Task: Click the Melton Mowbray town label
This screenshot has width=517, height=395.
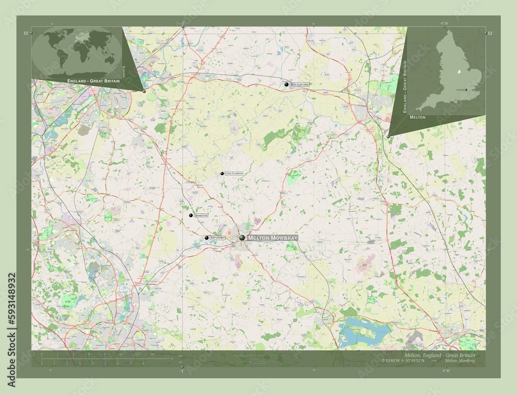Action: pos(272,238)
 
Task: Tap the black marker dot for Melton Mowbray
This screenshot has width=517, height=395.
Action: pos(242,238)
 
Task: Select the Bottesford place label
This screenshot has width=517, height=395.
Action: pos(300,84)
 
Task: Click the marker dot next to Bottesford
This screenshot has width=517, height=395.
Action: pos(286,84)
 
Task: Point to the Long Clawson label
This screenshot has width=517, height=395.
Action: pos(234,173)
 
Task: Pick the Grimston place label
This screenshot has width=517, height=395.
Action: pos(201,215)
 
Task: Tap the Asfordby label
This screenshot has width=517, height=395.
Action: pos(217,238)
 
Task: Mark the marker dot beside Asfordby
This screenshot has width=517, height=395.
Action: pos(207,238)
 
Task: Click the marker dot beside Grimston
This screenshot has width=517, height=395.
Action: pos(191,215)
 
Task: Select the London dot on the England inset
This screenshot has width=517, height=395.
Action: pos(466,89)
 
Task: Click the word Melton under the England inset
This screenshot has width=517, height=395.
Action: pos(417,118)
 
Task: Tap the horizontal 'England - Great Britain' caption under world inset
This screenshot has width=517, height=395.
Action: pos(93,82)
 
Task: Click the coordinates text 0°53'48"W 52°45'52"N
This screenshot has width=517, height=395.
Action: pos(403,360)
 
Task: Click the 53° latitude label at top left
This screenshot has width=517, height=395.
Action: pos(25,33)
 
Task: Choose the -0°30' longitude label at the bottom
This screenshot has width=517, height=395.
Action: pos(446,370)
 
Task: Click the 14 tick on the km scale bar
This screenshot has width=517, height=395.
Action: pos(153,354)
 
